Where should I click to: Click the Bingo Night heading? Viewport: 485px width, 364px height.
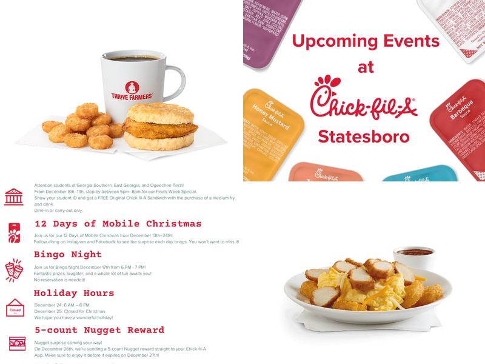(68, 254)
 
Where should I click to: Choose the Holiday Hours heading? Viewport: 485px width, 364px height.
(74, 293)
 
